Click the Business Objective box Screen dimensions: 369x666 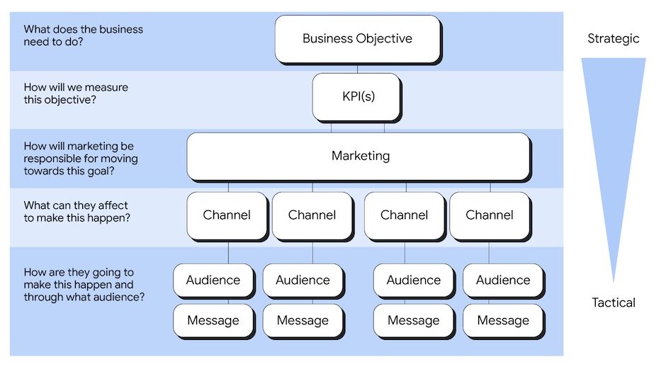[x=357, y=38]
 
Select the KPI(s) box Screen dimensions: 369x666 [x=356, y=96]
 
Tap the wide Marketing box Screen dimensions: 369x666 [x=359, y=156]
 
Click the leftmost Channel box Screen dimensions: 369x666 [x=227, y=215]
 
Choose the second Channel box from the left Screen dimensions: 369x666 [x=312, y=215]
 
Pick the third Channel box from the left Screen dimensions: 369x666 [x=405, y=215]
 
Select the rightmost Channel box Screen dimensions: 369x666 [x=490, y=215]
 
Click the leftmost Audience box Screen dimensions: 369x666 [x=213, y=280]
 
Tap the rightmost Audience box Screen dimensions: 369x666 [x=503, y=280]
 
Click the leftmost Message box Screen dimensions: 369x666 [x=213, y=321]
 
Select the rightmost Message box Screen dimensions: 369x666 [x=503, y=321]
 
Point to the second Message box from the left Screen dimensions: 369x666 [x=303, y=321]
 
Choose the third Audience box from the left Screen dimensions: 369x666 [x=414, y=280]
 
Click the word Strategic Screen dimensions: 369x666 [x=613, y=38]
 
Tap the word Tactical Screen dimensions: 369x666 [x=614, y=302]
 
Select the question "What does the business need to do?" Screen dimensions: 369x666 [x=83, y=36]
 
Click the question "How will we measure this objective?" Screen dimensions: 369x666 [x=76, y=93]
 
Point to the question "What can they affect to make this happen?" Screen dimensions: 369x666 [x=77, y=211]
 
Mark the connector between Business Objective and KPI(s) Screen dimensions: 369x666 [x=357, y=69]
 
